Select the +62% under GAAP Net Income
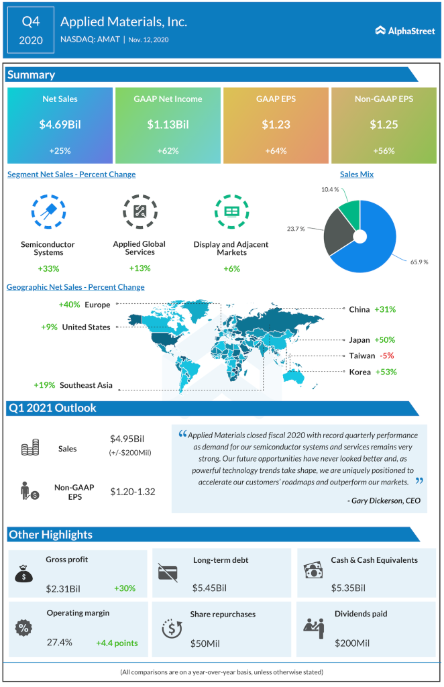tap(168, 150)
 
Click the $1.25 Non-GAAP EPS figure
tap(384, 123)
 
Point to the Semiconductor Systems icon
tap(48, 211)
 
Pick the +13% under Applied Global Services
tap(140, 268)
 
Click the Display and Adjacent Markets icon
tap(231, 211)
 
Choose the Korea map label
tap(359, 372)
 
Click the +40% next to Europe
tap(69, 305)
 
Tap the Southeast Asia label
tap(86, 385)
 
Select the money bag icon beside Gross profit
tap(23, 574)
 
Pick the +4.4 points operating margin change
tap(117, 643)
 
